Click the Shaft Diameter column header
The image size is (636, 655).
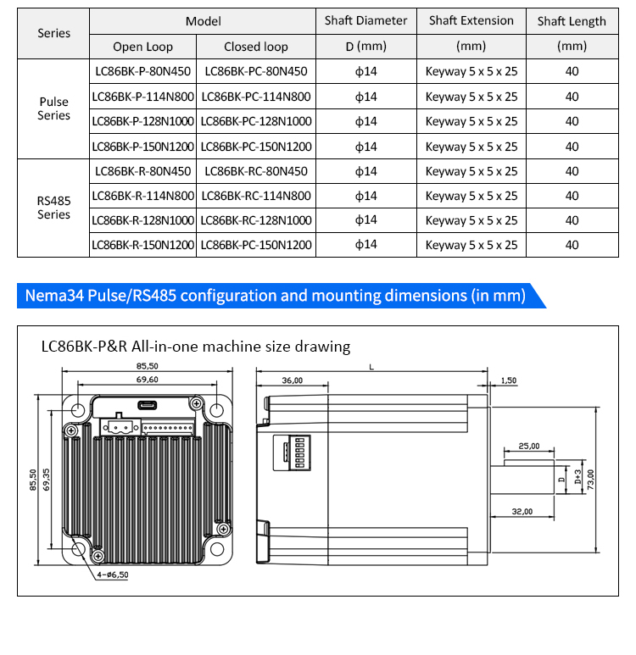pos(365,20)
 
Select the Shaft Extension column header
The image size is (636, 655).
pos(471,20)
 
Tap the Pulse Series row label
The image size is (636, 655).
pos(54,108)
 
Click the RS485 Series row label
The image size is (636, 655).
pos(54,208)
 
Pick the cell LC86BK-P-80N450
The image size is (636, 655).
pos(143,71)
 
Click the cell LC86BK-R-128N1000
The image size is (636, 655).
pos(143,220)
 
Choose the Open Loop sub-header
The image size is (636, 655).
pos(143,47)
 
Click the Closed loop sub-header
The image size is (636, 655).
pos(256,47)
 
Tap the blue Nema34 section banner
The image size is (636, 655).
pos(276,296)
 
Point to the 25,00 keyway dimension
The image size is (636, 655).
pos(529,446)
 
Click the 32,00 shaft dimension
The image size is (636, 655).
pos(522,511)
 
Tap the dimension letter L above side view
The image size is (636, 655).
pos(371,367)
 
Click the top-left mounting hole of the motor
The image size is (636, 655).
pos(78,410)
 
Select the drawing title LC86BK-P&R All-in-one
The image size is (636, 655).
pos(196,347)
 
